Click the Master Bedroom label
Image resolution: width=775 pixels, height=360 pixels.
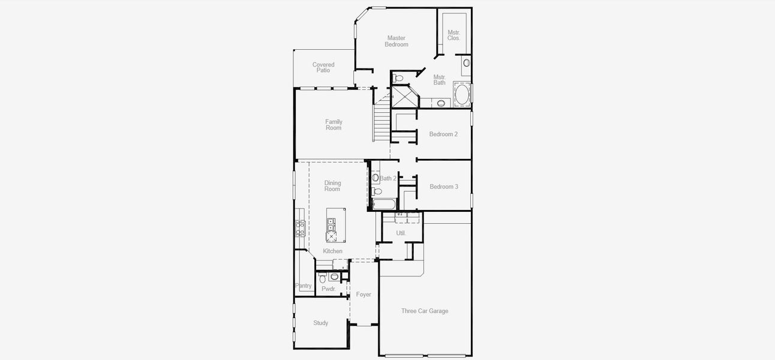click(396, 41)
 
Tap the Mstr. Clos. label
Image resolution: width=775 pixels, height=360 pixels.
click(453, 35)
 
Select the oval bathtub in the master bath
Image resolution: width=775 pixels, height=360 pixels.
click(462, 95)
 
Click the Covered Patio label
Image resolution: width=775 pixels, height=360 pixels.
click(323, 67)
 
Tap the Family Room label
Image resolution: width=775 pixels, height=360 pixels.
click(334, 125)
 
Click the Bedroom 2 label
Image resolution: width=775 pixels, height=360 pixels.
click(443, 134)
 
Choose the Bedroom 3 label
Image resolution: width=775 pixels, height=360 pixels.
click(444, 187)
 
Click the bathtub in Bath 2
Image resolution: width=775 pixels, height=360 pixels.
click(384, 204)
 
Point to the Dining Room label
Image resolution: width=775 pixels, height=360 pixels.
click(332, 186)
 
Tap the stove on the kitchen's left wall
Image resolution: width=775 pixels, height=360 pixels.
click(300, 227)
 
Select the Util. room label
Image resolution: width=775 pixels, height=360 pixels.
click(401, 233)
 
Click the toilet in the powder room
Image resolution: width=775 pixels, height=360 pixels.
click(323, 278)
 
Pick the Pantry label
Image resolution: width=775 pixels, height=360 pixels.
click(304, 286)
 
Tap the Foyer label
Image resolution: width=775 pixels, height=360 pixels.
click(364, 295)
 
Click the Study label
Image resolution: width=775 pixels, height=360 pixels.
click(321, 323)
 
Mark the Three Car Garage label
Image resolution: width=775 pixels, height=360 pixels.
click(425, 311)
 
